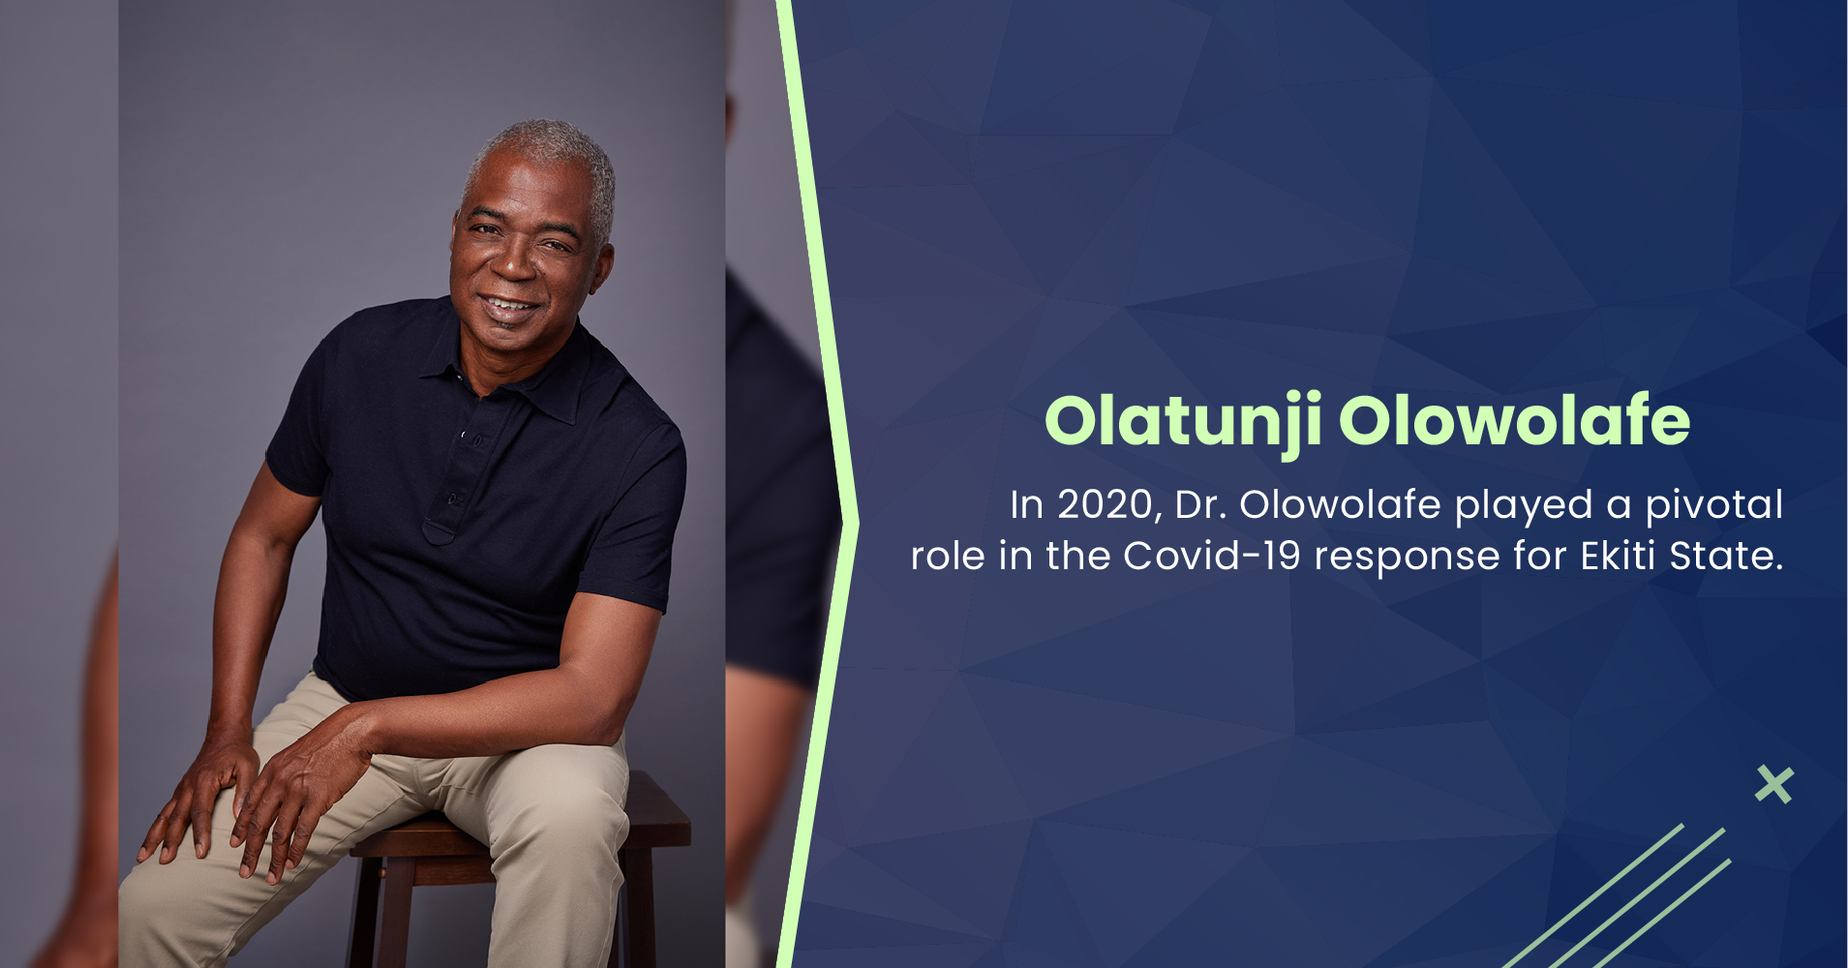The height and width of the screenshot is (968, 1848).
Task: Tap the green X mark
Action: tap(1773, 784)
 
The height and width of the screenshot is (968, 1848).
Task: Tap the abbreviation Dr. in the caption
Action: tap(1199, 504)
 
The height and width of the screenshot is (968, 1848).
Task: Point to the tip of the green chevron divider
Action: tap(856, 524)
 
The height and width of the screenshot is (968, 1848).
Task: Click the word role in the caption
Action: tap(948, 556)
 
